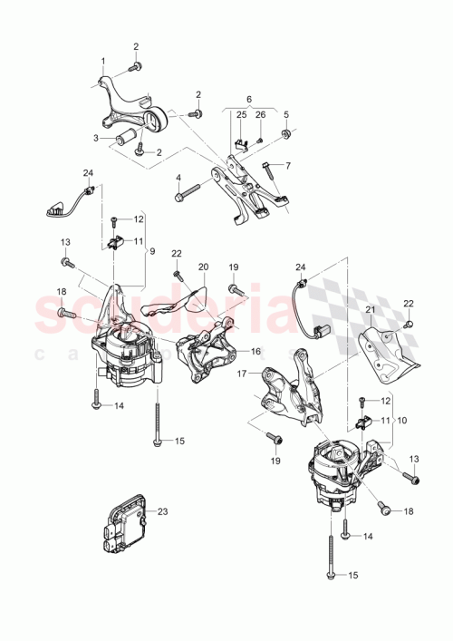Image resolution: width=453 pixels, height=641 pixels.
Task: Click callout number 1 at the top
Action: [103, 61]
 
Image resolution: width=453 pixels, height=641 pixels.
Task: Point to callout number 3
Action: [94, 138]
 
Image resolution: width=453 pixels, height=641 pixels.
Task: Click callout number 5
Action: [285, 115]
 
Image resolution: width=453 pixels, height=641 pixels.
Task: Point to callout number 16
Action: [255, 350]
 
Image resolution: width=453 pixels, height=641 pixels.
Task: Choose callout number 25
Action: [242, 114]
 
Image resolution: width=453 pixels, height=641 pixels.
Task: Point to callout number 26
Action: [260, 114]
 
